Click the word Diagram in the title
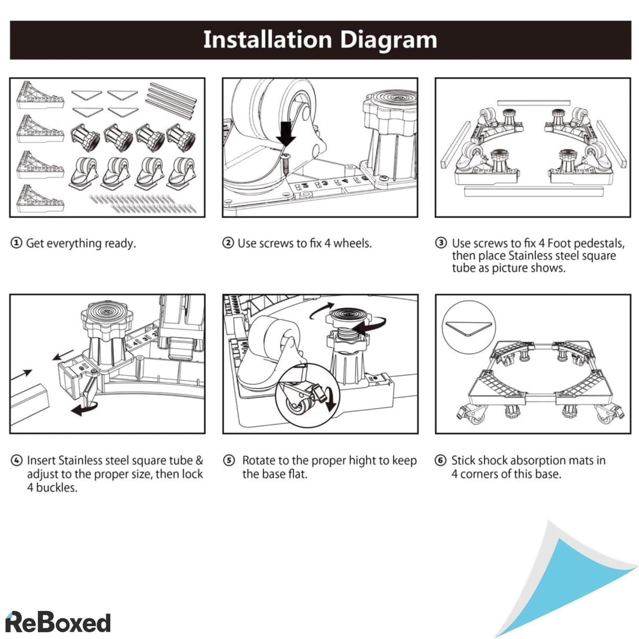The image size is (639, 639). point(388,40)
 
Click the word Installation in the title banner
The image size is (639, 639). point(267,39)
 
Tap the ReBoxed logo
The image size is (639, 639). point(58,622)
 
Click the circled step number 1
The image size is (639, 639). point(17,243)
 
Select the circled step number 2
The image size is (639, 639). point(228,243)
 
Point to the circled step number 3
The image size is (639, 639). point(441,243)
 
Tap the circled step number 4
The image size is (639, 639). point(17,461)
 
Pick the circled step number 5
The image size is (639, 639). point(228,461)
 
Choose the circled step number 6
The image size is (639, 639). point(440,461)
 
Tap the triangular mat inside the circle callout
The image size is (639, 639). point(469,329)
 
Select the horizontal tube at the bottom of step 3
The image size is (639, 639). point(534,191)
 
